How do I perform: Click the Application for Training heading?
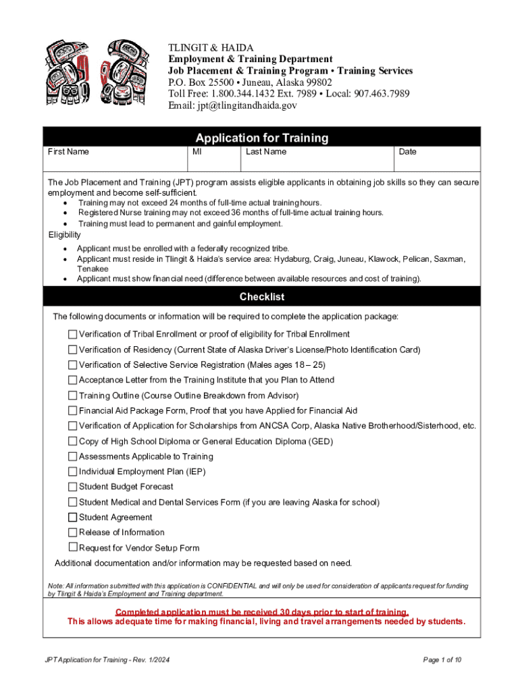[261, 138]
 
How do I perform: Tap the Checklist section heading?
[261, 297]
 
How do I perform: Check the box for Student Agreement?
[72, 518]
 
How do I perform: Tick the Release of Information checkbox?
[72, 532]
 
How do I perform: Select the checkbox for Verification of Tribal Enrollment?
[72, 334]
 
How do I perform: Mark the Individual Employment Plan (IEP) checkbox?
[72, 472]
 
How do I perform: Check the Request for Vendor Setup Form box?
[72, 547]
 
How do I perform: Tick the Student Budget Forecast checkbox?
[72, 487]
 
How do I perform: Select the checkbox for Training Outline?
[72, 395]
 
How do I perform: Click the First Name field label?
[68, 152]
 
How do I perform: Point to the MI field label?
[197, 152]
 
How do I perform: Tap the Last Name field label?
[266, 152]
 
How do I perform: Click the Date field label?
[407, 152]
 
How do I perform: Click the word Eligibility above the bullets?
[65, 235]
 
